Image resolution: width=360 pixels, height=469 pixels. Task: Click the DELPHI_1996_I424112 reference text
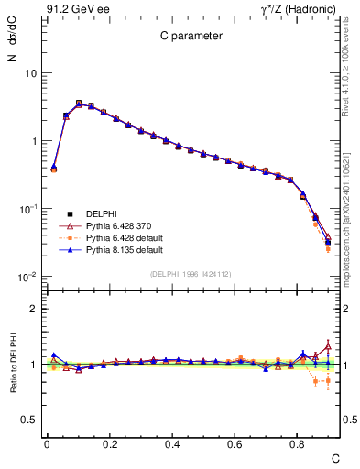191,273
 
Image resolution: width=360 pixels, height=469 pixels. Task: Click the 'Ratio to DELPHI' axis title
13,364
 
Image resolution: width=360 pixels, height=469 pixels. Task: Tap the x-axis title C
334,457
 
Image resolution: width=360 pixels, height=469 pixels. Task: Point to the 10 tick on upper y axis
30,73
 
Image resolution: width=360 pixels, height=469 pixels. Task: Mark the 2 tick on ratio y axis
32,309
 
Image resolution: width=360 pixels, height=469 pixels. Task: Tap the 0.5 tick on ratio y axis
28,420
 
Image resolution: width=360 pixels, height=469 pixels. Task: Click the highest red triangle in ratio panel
328,345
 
